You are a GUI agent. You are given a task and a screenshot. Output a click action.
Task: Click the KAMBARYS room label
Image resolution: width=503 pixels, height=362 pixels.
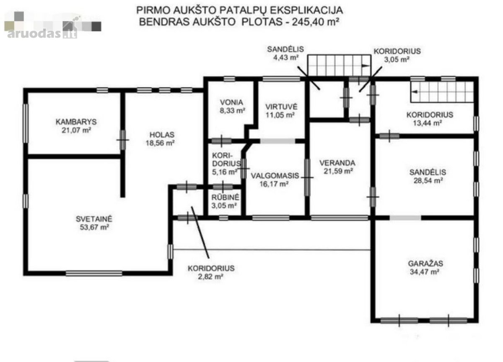click(76, 122)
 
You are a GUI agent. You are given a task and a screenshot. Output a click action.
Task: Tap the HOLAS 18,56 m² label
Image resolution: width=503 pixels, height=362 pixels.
click(161, 139)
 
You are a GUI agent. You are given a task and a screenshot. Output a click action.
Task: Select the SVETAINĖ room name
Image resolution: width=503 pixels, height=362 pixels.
click(94, 219)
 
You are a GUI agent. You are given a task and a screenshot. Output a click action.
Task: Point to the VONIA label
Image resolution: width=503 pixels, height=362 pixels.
click(231, 102)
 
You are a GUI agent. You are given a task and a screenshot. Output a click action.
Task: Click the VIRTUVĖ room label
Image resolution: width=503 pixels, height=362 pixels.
click(281, 107)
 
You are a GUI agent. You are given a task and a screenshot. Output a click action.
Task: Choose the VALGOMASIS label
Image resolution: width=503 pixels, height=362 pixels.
click(275, 176)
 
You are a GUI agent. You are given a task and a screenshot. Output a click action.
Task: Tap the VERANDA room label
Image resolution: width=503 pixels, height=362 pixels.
click(337, 163)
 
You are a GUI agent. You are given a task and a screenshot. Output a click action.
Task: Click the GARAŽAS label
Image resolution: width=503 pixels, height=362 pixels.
click(425, 263)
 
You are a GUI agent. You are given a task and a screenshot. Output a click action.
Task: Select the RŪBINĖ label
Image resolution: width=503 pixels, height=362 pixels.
click(226, 198)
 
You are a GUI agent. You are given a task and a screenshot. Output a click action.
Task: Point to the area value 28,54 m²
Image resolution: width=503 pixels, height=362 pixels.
click(428, 181)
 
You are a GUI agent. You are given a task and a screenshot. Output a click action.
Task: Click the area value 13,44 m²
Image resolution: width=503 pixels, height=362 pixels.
click(428, 123)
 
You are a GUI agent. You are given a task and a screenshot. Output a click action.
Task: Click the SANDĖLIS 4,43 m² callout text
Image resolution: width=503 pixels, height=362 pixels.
click(285, 53)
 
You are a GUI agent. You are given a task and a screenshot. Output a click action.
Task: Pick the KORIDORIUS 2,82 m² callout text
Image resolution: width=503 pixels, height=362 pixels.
click(211, 272)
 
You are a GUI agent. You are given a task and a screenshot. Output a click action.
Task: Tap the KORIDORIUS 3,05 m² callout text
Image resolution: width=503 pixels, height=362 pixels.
click(397, 55)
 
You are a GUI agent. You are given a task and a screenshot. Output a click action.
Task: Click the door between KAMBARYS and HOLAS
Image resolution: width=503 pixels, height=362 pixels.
click(122, 140)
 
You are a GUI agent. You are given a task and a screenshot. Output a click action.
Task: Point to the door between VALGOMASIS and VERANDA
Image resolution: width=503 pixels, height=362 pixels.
click(307, 177)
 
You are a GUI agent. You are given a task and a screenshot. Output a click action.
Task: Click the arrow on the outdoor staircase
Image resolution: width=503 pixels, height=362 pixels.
click(365, 66)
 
